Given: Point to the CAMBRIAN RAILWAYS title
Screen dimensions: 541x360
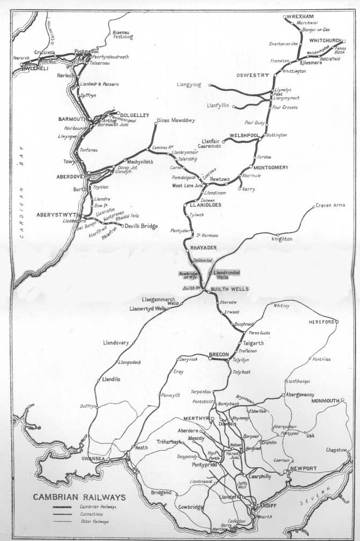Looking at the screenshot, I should tap(79, 497).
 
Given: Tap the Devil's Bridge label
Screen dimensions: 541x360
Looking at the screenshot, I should tap(141, 226).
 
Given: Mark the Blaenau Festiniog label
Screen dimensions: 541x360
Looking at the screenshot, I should tap(123, 34).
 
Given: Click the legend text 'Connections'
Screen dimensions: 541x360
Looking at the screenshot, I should tap(92, 514).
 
